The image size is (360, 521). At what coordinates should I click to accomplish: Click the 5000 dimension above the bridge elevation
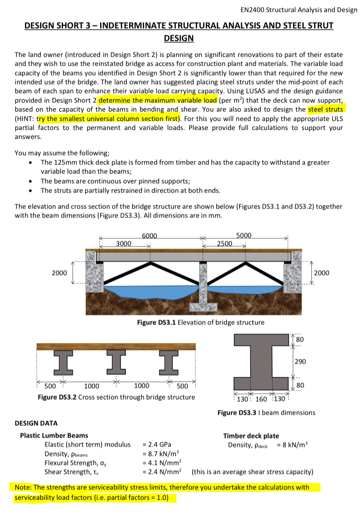tap(244, 235)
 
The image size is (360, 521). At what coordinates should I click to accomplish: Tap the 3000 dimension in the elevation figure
tap(124, 244)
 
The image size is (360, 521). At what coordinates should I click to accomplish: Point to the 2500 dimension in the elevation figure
tap(225, 244)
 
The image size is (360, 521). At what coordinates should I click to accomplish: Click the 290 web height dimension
tap(300, 362)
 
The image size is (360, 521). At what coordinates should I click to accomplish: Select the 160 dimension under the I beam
tap(262, 400)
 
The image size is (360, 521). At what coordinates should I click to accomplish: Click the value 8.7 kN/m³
tap(161, 454)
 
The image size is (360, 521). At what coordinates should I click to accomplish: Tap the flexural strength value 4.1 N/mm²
tap(161, 463)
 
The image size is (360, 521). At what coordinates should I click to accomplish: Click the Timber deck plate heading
tap(251, 436)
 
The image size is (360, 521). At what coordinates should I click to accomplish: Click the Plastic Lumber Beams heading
tap(54, 436)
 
